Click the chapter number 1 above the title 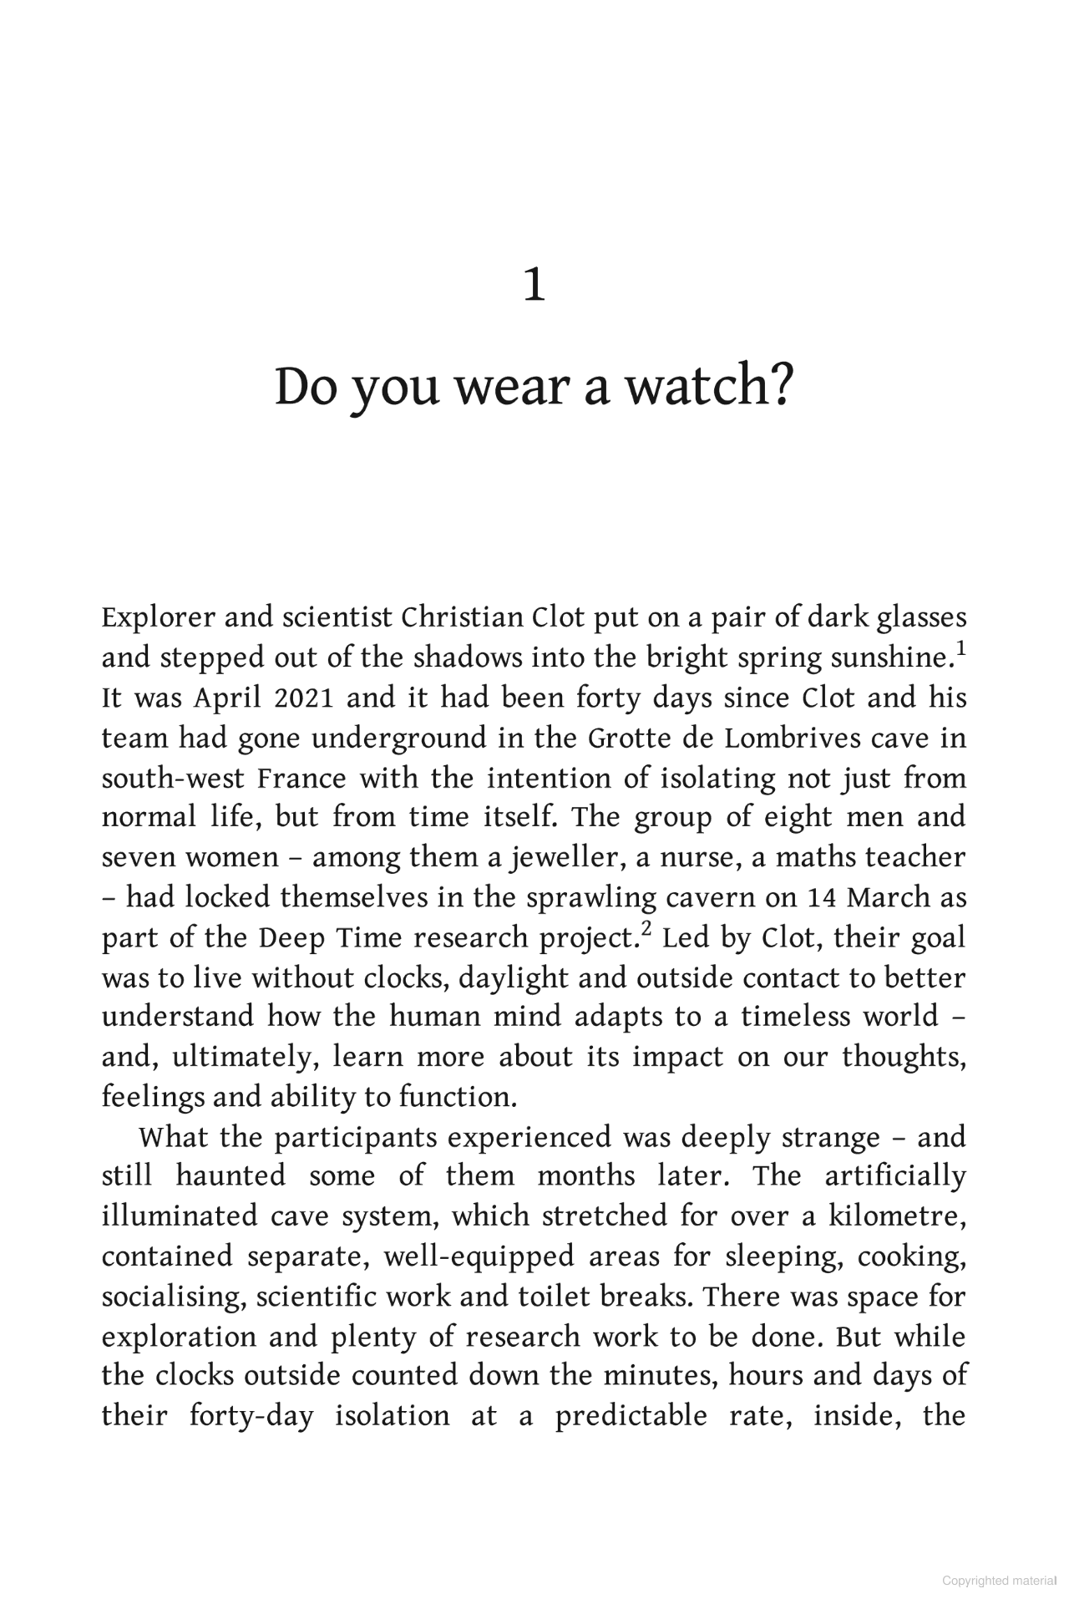(x=534, y=286)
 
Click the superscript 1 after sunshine (x=960, y=648)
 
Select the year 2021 (x=305, y=698)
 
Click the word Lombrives (x=768, y=738)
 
